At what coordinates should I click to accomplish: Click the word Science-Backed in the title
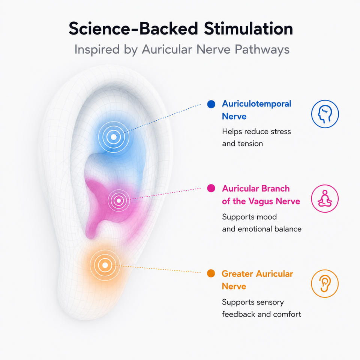133,29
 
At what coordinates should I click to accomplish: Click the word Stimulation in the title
248,29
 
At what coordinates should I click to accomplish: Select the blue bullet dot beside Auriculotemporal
211,104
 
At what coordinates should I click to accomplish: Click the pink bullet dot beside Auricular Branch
211,188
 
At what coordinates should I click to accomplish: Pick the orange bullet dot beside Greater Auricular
211,273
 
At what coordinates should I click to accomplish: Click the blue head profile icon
325,114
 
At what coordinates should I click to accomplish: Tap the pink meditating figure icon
325,198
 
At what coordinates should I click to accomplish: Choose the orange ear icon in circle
325,283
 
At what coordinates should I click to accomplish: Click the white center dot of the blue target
114,137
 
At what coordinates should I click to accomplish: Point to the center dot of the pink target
119,201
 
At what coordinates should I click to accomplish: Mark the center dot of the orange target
105,265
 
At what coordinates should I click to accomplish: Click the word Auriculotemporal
256,104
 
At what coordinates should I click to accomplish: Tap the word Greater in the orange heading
238,274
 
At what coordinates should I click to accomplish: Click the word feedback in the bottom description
238,314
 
